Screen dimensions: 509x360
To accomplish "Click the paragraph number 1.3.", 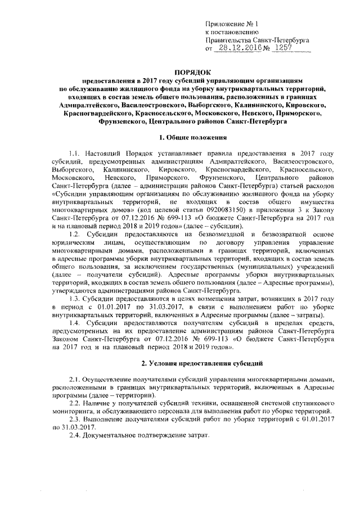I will click(x=75, y=299).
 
